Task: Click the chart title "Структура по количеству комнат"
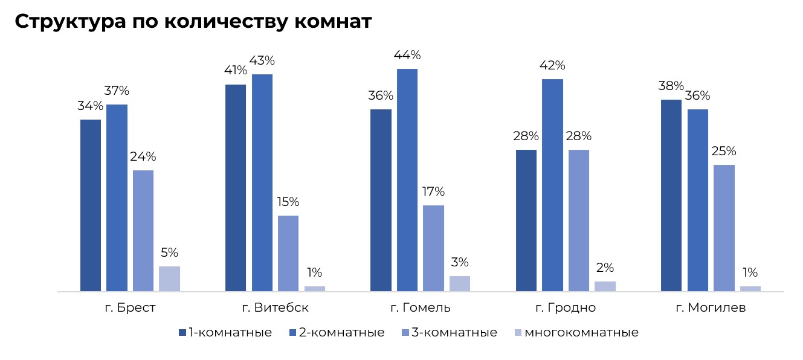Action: (193, 22)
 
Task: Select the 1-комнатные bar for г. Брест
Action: (91, 205)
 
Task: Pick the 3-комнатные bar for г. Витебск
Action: (288, 253)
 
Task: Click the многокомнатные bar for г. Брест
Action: (170, 278)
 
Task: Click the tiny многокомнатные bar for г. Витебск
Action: (315, 288)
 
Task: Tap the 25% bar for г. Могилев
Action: (724, 228)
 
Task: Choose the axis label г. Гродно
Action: (566, 308)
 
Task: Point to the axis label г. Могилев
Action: (711, 308)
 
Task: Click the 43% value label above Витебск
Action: (263, 61)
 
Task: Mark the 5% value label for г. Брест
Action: (169, 253)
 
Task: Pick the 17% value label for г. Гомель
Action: (433, 192)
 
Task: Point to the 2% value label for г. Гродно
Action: (605, 268)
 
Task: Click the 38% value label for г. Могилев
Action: (671, 86)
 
